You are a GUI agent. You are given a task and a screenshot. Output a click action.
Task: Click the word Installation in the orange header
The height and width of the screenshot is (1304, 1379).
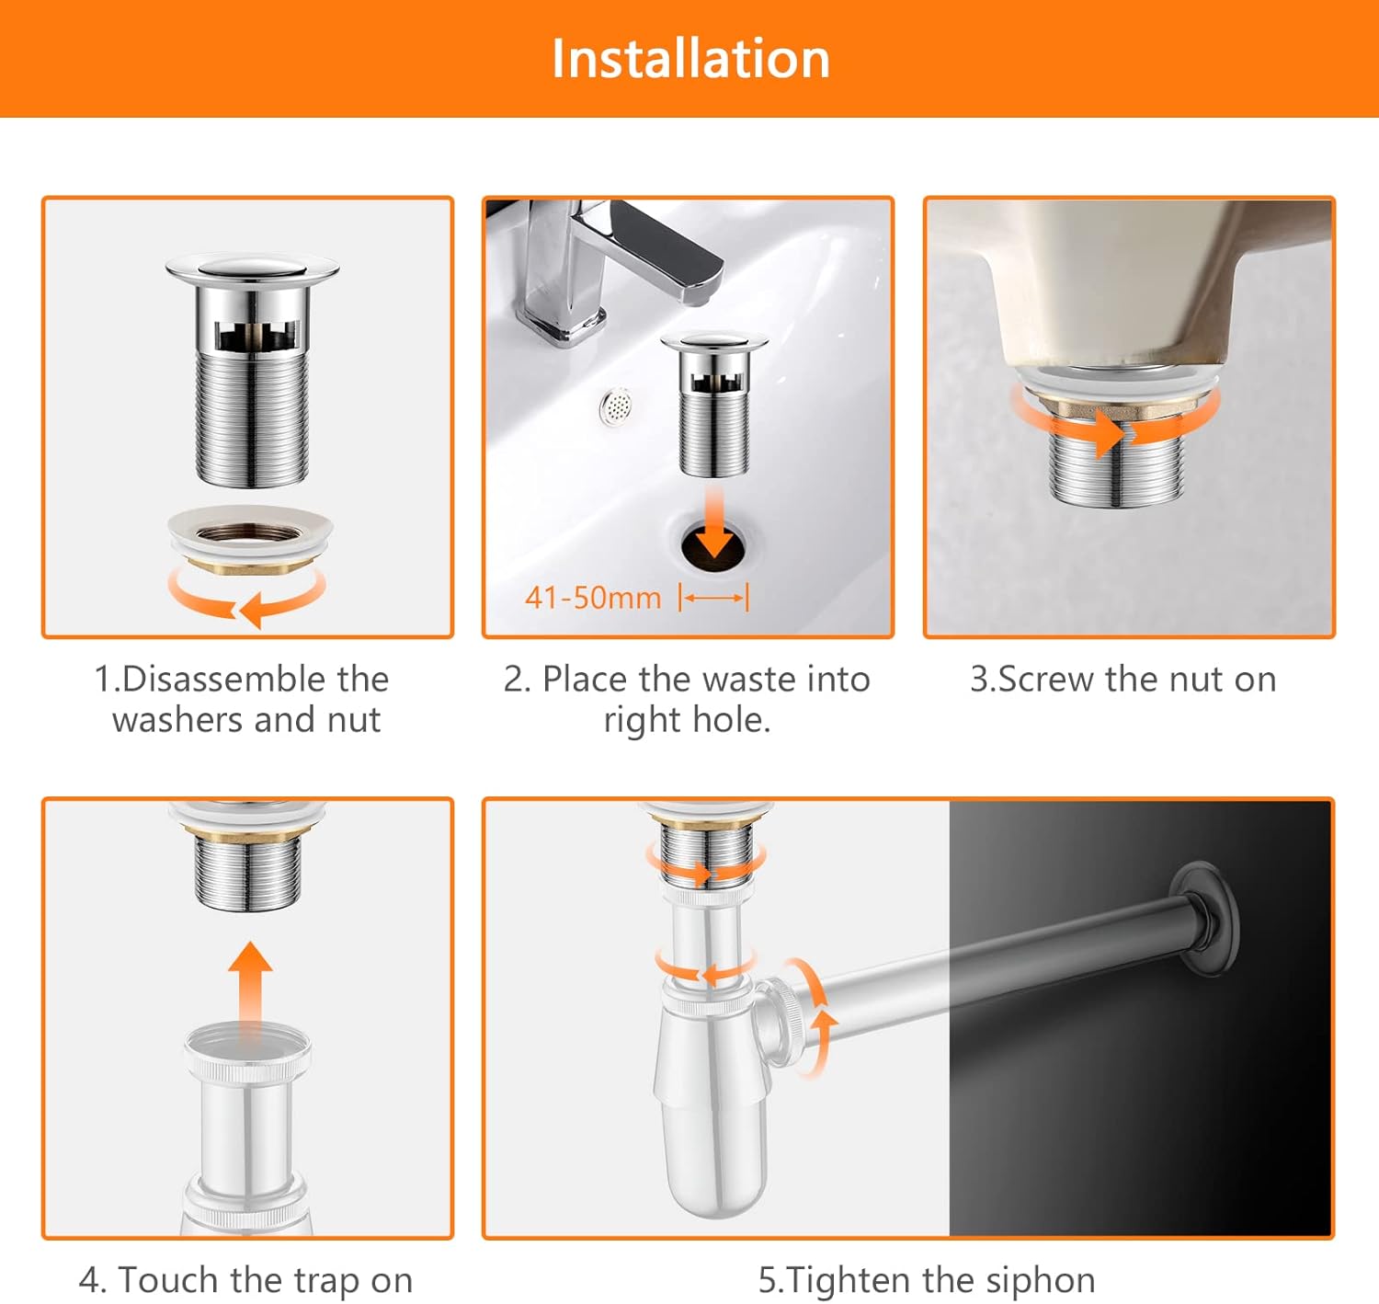pos(690,58)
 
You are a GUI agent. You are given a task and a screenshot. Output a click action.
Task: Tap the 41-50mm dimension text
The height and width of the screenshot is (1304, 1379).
pos(593,598)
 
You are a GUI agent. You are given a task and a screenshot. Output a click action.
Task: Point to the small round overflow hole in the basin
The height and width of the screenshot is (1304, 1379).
pos(617,406)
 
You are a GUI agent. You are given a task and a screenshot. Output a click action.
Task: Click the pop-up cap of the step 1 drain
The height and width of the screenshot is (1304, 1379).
pos(252,267)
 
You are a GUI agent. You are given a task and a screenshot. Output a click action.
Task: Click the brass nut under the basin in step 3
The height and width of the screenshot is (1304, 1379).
pos(1119,409)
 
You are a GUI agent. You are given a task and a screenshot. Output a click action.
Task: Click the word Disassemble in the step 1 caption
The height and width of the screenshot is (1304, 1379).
pos(255,679)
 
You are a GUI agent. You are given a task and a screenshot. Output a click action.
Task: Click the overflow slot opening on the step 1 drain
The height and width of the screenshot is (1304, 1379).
pos(257,336)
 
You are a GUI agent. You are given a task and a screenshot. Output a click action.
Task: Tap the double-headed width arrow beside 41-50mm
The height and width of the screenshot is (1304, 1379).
pos(713,598)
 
